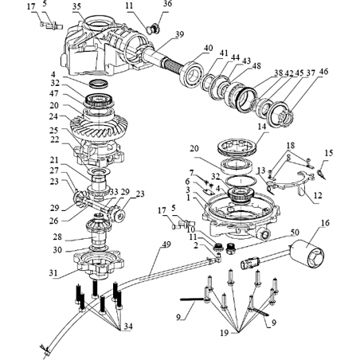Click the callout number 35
76,6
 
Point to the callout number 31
53,273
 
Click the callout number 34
128,327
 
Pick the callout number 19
225,332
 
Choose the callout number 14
261,127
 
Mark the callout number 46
323,72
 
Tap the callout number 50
295,233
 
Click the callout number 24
54,116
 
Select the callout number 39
180,34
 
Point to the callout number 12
318,195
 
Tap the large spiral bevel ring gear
99,125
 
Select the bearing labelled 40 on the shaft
191,73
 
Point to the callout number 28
57,237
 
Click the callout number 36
167,3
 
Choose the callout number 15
329,153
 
